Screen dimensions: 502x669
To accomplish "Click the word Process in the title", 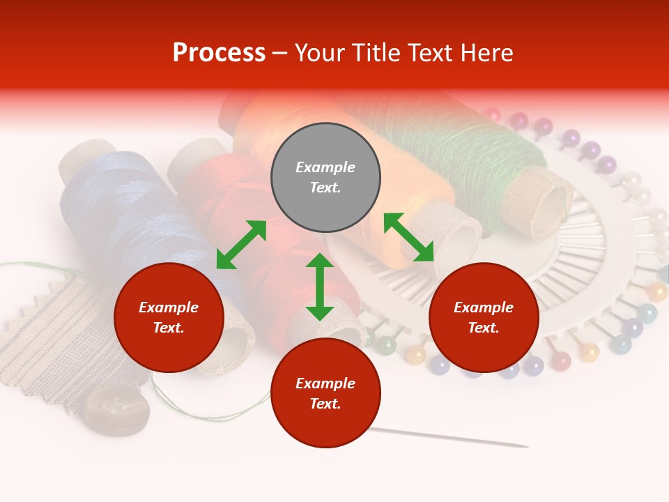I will pos(219,53).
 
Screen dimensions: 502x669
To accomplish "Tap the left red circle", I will pos(169,317).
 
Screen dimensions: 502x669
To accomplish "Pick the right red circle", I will pos(484,317).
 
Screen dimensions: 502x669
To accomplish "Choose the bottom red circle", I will pos(325,393).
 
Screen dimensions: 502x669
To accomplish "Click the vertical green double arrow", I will pos(320,287).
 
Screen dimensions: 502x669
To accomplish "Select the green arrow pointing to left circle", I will pos(241,245).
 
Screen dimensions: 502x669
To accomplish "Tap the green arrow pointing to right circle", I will pos(409,237).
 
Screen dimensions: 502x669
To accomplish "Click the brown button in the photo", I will pos(116,410).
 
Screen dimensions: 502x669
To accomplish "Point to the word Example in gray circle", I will pos(325,167).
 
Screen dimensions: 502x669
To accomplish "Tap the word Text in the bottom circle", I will pos(325,404).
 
